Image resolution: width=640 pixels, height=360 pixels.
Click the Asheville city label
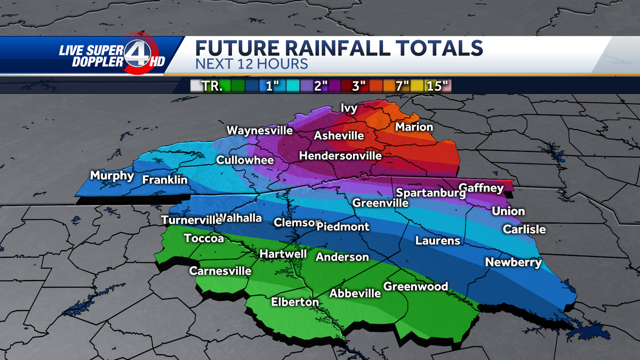(x=339, y=136)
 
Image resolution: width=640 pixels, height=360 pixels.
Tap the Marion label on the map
(x=414, y=127)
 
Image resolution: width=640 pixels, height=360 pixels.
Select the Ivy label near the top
(x=349, y=109)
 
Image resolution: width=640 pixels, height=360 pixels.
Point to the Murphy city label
(x=112, y=175)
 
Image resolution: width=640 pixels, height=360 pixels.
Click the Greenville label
(x=380, y=203)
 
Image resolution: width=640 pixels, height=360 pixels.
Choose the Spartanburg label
(x=431, y=193)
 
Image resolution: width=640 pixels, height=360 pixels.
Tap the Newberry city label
(x=513, y=262)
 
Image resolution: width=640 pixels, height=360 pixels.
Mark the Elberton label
(x=295, y=302)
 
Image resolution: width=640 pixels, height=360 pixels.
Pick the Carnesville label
(x=220, y=271)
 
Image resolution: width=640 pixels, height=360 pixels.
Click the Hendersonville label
(x=340, y=156)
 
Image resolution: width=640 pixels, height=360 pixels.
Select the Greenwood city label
(x=415, y=287)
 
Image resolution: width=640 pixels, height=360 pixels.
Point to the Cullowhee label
(x=245, y=160)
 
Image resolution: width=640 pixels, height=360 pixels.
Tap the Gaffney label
(x=481, y=188)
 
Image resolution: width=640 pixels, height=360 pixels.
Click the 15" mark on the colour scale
(x=437, y=86)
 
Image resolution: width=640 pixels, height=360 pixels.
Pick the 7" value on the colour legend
(x=402, y=86)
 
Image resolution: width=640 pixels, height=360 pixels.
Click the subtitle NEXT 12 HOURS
(x=252, y=64)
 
